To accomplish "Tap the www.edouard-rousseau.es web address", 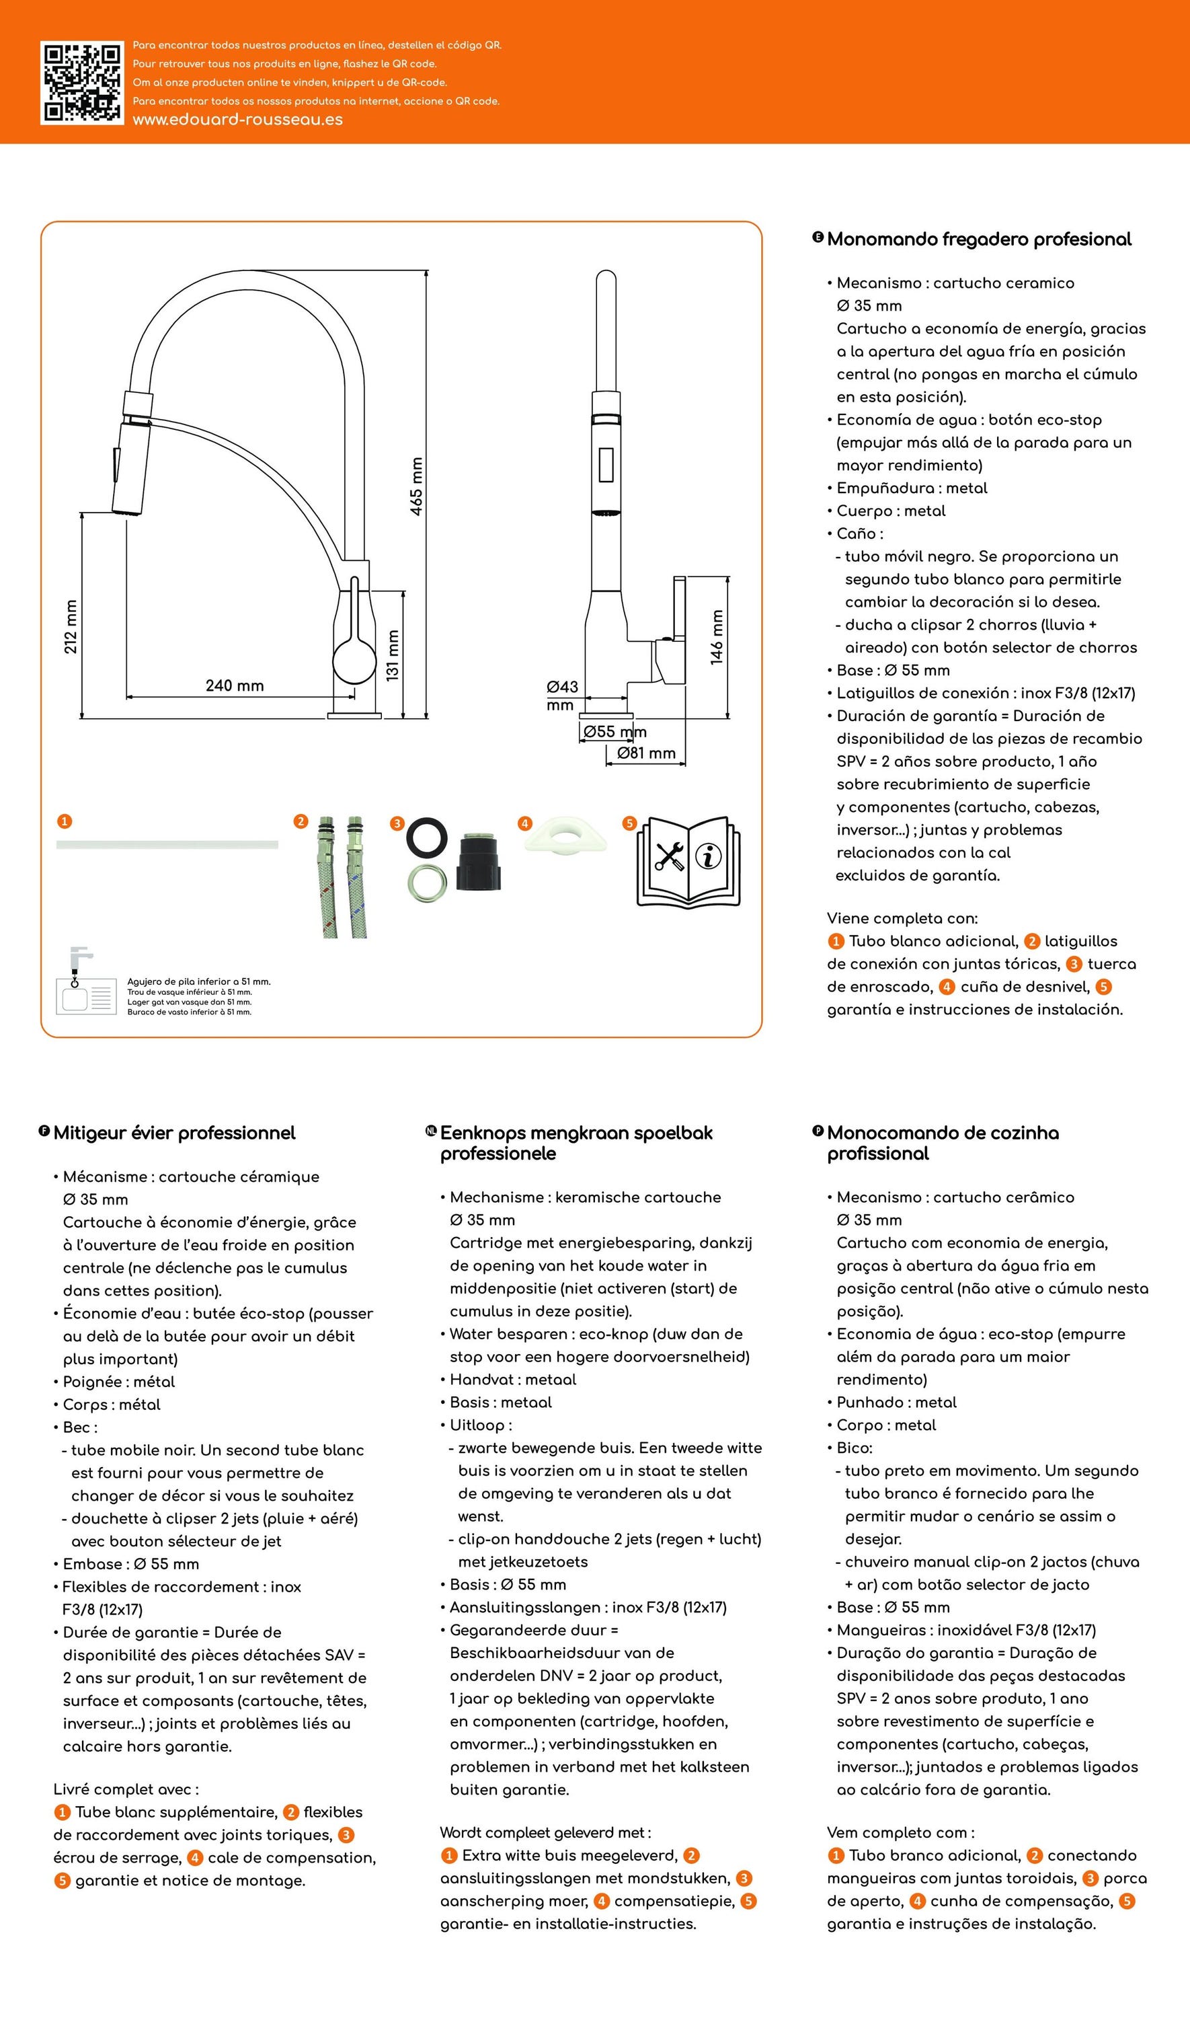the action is pos(237,120).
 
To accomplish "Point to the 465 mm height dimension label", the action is pos(416,487).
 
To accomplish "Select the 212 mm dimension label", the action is pos(71,626).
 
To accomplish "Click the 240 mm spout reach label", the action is pos(234,685).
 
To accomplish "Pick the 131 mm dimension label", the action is pos(392,655).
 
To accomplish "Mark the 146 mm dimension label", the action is pos(717,637).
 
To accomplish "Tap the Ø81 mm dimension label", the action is pos(646,753).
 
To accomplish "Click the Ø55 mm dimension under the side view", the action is pos(615,731).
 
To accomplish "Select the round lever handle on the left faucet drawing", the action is pos(354,659).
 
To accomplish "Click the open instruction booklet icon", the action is pos(688,862).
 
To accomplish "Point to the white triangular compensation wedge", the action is pos(565,834).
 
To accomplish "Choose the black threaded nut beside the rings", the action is pos(479,860).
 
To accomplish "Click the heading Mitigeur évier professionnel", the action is pos(174,1133).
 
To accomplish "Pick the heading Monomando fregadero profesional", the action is pos(979,239).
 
